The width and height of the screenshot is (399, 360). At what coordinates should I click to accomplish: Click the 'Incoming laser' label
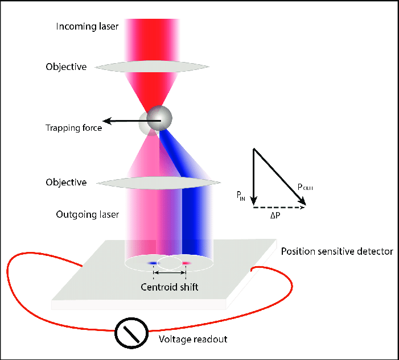(x=87, y=26)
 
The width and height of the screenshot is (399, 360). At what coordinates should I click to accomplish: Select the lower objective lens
(x=159, y=183)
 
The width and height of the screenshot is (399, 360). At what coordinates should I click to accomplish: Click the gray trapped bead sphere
(x=159, y=118)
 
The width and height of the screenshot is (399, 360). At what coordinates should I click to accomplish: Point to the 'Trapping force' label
(x=73, y=128)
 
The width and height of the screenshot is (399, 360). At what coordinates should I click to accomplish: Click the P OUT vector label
(x=305, y=187)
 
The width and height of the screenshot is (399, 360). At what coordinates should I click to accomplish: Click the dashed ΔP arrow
(x=279, y=208)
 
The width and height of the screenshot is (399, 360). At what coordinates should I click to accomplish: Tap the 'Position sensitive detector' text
(x=337, y=251)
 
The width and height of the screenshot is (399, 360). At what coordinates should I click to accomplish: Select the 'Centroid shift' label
(x=170, y=287)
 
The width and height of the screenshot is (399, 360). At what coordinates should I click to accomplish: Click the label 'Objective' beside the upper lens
(x=66, y=67)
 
